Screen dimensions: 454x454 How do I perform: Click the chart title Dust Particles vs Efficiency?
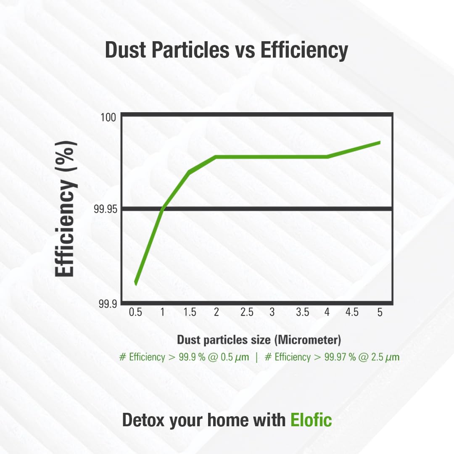(226, 50)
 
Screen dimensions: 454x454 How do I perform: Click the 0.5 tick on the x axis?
(135, 312)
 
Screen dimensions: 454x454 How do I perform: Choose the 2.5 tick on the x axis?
(247, 312)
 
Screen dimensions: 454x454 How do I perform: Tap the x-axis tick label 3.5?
(302, 312)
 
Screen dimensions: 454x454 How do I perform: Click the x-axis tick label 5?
(380, 312)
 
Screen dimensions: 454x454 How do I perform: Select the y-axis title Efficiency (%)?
(66, 209)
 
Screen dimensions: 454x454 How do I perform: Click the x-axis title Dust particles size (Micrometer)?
(259, 339)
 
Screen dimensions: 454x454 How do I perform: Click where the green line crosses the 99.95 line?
(163, 209)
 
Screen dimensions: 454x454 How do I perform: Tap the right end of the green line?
(380, 143)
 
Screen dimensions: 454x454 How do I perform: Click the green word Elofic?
(311, 420)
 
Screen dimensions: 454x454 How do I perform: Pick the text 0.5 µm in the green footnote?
(233, 357)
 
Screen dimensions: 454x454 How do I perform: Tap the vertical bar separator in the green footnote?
(256, 357)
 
